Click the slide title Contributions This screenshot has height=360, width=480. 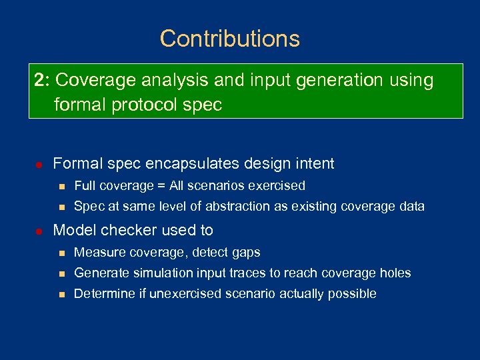230,39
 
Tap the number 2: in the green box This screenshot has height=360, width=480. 42,81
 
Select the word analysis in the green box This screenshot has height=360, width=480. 177,81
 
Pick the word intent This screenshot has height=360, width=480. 313,163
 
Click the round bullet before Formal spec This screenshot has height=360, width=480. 39,164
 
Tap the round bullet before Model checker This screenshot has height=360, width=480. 39,231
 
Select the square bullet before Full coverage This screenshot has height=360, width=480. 61,186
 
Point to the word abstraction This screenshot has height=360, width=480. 245,207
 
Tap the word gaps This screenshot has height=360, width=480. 246,253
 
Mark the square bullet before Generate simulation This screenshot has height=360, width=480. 61,273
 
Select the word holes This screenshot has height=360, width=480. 395,273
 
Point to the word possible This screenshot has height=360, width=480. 354,294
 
